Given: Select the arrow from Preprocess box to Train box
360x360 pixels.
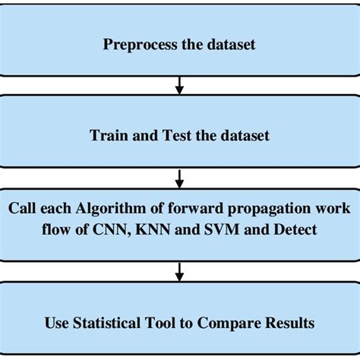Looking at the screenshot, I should pyautogui.click(x=179, y=83).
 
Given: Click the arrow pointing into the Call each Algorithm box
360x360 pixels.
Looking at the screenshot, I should pyautogui.click(x=179, y=178).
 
